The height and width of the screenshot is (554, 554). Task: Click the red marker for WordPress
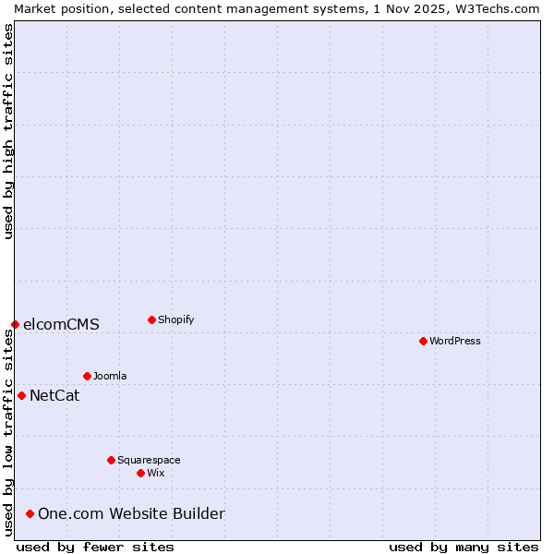point(423,341)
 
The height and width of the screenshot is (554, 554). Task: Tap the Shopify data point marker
point(151,319)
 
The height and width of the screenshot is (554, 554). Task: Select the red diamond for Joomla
point(87,376)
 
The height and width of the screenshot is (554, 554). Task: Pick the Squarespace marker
point(111,460)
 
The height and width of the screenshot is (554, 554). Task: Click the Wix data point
point(140,473)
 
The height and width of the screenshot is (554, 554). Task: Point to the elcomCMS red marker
point(15,324)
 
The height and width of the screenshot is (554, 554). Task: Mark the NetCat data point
point(21,395)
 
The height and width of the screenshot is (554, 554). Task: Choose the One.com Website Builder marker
point(30,513)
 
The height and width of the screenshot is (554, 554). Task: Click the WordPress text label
point(455,341)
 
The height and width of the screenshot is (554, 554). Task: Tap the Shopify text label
point(175,319)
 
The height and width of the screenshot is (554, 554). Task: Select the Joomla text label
point(110,376)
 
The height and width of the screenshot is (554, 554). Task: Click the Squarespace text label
point(149,460)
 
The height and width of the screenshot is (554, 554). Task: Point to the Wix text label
point(156,473)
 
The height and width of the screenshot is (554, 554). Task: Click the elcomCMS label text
point(61,324)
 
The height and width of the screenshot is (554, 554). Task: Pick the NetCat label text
point(54,396)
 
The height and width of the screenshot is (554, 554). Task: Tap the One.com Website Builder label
point(131,513)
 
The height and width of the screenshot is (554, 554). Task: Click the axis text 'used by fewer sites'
point(95,547)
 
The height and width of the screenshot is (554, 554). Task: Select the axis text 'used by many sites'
point(464,547)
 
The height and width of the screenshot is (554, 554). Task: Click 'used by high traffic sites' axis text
point(8,131)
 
